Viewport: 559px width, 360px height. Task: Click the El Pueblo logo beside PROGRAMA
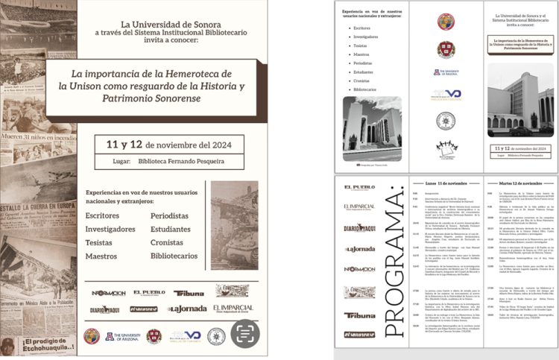359,188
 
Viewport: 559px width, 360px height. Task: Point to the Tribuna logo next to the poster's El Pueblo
189,293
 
